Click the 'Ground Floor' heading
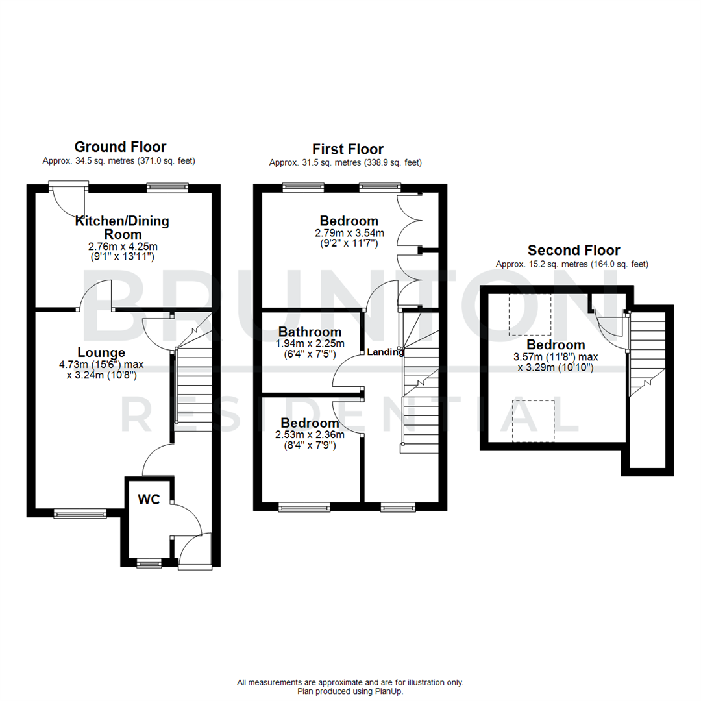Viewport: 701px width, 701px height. (x=120, y=147)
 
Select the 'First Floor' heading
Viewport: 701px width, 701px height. (x=347, y=149)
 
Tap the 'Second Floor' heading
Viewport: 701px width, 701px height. (x=573, y=250)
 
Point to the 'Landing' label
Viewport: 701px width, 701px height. (x=386, y=352)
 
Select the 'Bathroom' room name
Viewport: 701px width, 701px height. (x=310, y=332)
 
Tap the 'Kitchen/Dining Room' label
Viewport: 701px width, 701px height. (x=123, y=227)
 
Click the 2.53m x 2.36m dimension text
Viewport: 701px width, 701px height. (x=310, y=434)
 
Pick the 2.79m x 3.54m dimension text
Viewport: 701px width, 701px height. (x=349, y=233)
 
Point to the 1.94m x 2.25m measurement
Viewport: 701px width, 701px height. (x=310, y=343)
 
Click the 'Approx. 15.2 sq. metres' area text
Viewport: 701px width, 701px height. (x=572, y=264)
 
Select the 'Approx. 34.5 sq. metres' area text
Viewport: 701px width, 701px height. (x=119, y=160)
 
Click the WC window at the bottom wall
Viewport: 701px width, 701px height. (x=150, y=563)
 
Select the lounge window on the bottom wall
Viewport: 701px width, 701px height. (x=80, y=513)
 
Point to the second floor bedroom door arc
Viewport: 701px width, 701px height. (x=609, y=328)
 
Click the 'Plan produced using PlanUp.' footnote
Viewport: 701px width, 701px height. (x=350, y=692)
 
